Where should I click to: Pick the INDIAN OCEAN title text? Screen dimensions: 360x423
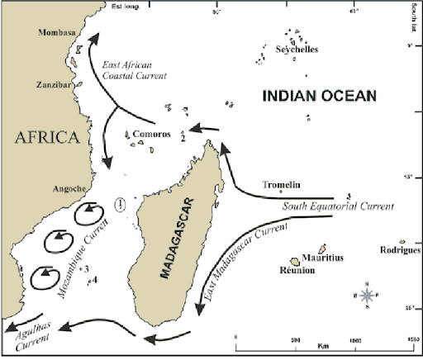[x=319, y=96]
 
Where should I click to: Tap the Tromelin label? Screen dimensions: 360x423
[x=278, y=185]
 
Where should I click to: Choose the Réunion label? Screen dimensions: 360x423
[x=297, y=271]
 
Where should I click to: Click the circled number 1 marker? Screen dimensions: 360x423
[x=121, y=205]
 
